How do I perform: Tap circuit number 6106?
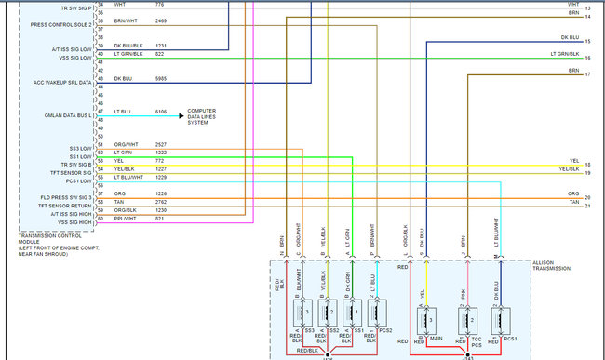[160, 112]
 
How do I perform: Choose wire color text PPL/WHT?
[126, 219]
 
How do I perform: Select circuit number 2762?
[160, 200]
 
